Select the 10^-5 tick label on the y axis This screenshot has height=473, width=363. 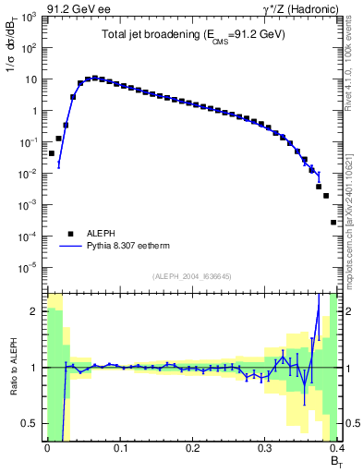[x=29, y=268]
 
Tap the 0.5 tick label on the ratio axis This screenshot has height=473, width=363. [x=30, y=424]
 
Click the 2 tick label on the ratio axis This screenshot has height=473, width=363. [x=35, y=310]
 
